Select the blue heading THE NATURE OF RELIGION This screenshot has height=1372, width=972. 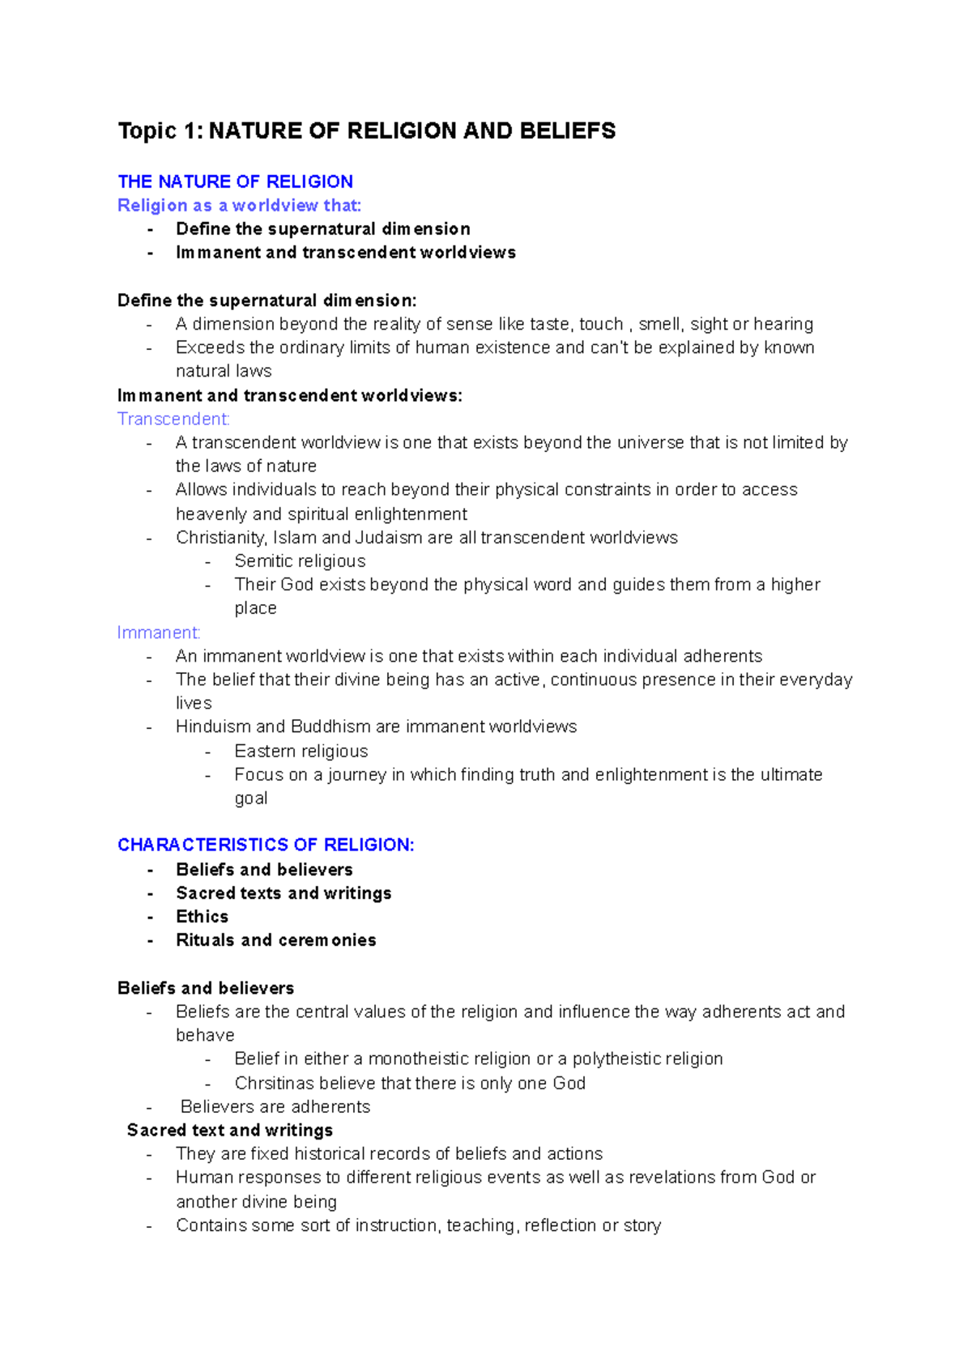[x=235, y=181]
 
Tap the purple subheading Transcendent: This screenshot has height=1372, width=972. [x=173, y=419]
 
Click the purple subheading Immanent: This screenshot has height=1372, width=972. [x=159, y=633]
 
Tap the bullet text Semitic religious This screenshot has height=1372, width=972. [x=300, y=561]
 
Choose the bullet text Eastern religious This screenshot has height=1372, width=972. [x=301, y=751]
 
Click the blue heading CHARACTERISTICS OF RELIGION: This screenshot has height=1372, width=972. [x=266, y=845]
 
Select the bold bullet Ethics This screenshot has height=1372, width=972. [x=202, y=917]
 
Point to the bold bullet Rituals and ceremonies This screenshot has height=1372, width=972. [x=276, y=940]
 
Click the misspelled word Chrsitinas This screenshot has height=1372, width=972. [x=274, y=1084]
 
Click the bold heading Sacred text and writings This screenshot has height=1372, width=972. [x=230, y=1131]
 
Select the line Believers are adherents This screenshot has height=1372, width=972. [x=275, y=1107]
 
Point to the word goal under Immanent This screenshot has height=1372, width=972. [x=251, y=799]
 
